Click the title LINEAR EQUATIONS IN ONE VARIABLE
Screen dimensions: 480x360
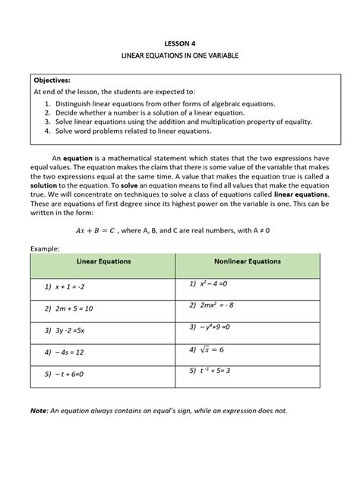(180, 58)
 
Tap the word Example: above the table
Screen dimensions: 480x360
(46, 248)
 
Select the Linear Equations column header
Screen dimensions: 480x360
(103, 261)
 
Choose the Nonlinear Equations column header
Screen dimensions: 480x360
(247, 261)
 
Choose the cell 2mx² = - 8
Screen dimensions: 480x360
(216, 305)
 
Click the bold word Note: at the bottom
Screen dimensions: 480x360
(39, 411)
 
